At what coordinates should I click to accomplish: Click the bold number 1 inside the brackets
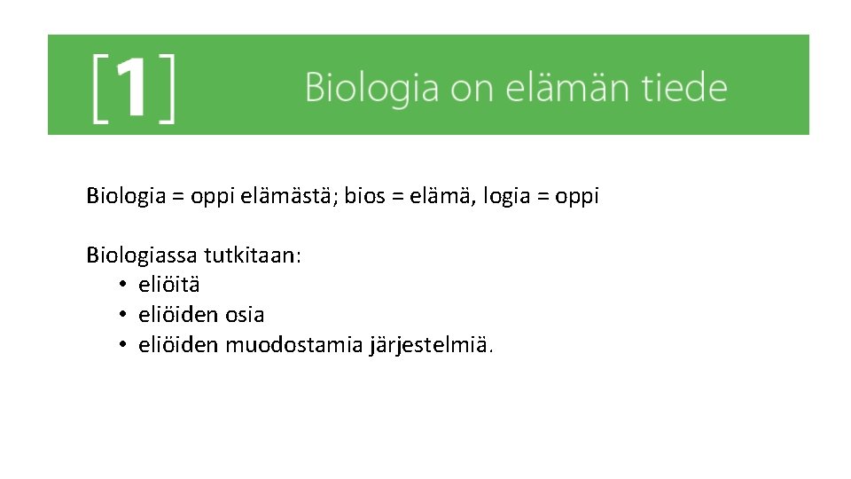pos(132,88)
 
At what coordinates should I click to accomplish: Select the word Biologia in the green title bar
pos(371,89)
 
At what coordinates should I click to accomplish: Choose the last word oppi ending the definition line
pos(577,196)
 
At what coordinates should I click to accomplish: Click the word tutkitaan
pos(252,256)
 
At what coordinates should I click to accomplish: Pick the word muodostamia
pos(294,344)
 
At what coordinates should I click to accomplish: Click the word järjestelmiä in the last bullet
pos(431,344)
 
